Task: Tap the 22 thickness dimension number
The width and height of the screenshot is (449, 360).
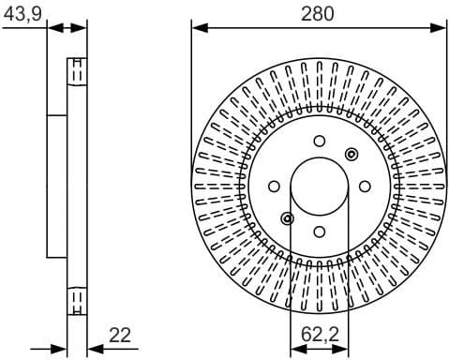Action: (x=119, y=335)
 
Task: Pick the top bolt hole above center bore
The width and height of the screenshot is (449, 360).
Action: (x=319, y=142)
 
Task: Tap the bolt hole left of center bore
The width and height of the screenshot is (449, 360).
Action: (x=274, y=186)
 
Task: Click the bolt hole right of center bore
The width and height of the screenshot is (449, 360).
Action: (x=364, y=186)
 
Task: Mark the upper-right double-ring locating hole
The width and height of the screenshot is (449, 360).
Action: (x=351, y=154)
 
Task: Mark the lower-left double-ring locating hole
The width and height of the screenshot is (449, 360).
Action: (x=287, y=218)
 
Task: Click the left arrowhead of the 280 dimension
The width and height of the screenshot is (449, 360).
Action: (x=198, y=28)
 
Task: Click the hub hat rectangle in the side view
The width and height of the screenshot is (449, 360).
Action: (x=57, y=186)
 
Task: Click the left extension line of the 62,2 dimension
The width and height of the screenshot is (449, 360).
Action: (x=291, y=281)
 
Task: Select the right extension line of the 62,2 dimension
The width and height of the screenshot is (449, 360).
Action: (x=348, y=281)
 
